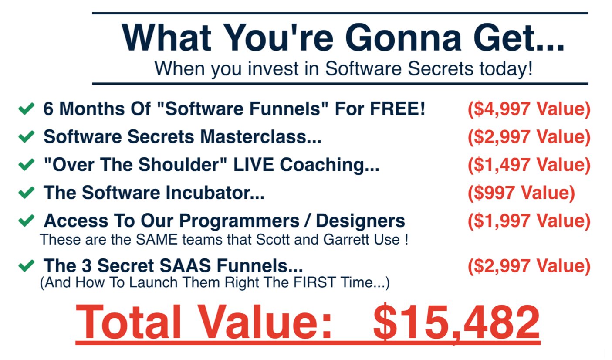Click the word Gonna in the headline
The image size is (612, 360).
[x=403, y=37]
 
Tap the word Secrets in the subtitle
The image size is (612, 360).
[x=440, y=68]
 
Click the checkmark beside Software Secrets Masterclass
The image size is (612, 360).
[x=26, y=136]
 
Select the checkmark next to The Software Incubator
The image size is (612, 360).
[x=26, y=193]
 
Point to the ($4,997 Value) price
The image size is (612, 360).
[x=529, y=109]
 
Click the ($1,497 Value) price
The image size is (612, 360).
[x=529, y=165]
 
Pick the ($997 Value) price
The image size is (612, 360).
[x=521, y=193]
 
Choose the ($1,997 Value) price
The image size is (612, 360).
[x=529, y=221]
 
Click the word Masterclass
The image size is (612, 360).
[x=260, y=136]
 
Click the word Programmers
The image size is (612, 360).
[x=239, y=221]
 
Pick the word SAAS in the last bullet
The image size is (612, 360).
[x=185, y=265]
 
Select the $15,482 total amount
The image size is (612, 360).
[x=456, y=323]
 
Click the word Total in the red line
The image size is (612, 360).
[x=128, y=322]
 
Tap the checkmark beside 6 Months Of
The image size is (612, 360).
[x=26, y=109]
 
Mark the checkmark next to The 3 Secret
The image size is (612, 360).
[x=26, y=265]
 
